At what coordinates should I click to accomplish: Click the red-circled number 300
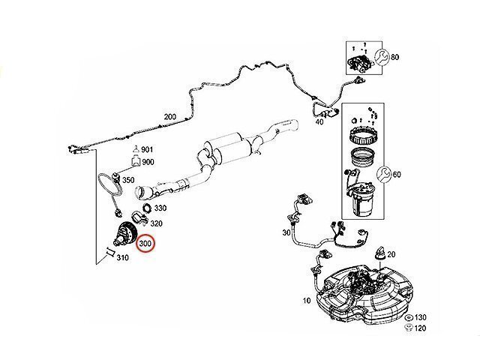(x=145, y=244)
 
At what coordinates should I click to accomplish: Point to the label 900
(x=148, y=163)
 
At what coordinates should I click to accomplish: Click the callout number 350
(x=127, y=181)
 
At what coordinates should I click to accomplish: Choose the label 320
(x=157, y=223)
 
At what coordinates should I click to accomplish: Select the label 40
(x=319, y=121)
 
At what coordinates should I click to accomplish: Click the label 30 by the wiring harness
(x=286, y=233)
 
